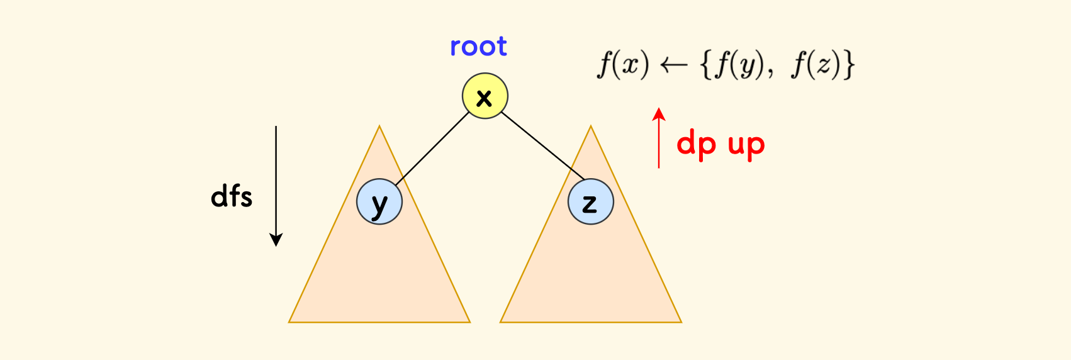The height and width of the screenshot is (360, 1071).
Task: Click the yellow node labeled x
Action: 485,96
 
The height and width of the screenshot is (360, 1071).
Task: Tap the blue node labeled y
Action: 379,202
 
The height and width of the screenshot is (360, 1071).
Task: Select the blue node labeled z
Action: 590,202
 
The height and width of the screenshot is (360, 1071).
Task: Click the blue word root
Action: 478,47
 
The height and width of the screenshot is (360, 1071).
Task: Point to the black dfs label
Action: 232,196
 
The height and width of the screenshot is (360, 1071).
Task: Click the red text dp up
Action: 721,145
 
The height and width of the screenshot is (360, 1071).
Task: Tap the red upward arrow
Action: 659,138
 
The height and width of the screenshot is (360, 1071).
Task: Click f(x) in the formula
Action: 622,65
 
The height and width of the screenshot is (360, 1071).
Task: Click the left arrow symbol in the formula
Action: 673,65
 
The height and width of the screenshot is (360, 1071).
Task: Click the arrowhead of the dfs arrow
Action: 276,240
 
